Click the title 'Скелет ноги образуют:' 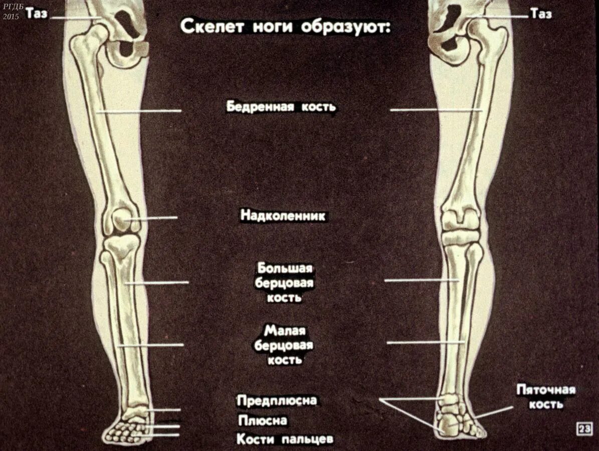pyautogui.click(x=285, y=27)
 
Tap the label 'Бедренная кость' pyautogui.click(x=281, y=107)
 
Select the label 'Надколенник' pyautogui.click(x=283, y=216)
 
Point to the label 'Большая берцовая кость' pyautogui.click(x=285, y=282)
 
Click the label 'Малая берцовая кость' pyautogui.click(x=284, y=345)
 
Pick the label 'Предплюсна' pyautogui.click(x=277, y=401)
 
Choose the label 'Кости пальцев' pyautogui.click(x=285, y=439)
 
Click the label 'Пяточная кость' pyautogui.click(x=546, y=397)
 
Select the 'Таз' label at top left pyautogui.click(x=37, y=14)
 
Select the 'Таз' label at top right pyautogui.click(x=541, y=14)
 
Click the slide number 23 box pyautogui.click(x=584, y=429)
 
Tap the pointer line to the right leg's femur pyautogui.click(x=431, y=109)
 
